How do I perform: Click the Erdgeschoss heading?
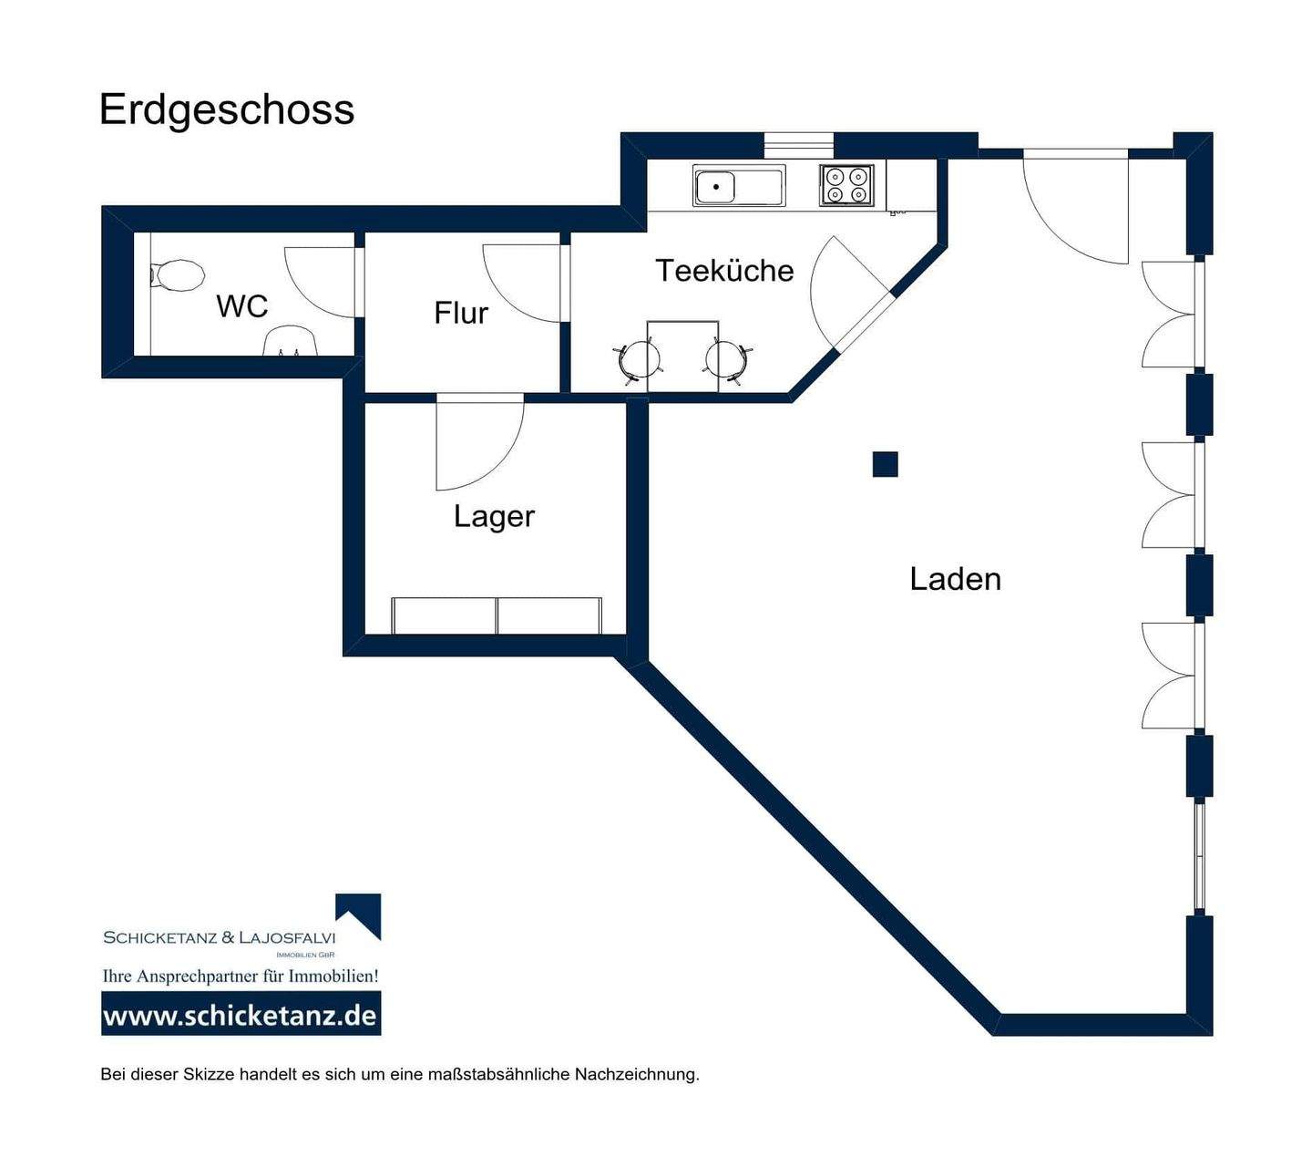click(x=227, y=111)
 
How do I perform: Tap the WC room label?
click(x=242, y=306)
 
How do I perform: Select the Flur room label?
click(x=460, y=313)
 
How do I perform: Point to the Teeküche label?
click(x=724, y=270)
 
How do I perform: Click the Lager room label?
click(x=494, y=517)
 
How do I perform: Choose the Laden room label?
click(x=955, y=579)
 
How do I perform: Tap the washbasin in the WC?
click(x=290, y=342)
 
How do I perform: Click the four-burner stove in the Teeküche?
click(x=846, y=185)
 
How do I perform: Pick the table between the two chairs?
click(x=682, y=356)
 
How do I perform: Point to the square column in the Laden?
click(x=885, y=464)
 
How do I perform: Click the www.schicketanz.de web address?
click(x=241, y=1016)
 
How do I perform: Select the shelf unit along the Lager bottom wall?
click(x=497, y=615)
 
